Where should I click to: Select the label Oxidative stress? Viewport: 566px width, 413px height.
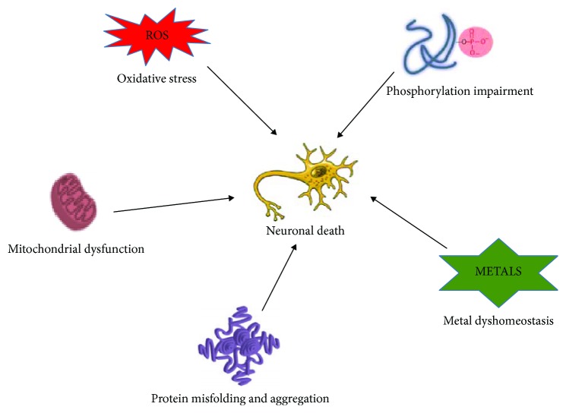click(x=157, y=77)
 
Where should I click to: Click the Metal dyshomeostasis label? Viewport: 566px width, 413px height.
click(x=498, y=321)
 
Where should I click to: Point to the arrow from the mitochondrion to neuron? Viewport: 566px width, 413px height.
click(x=173, y=205)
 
